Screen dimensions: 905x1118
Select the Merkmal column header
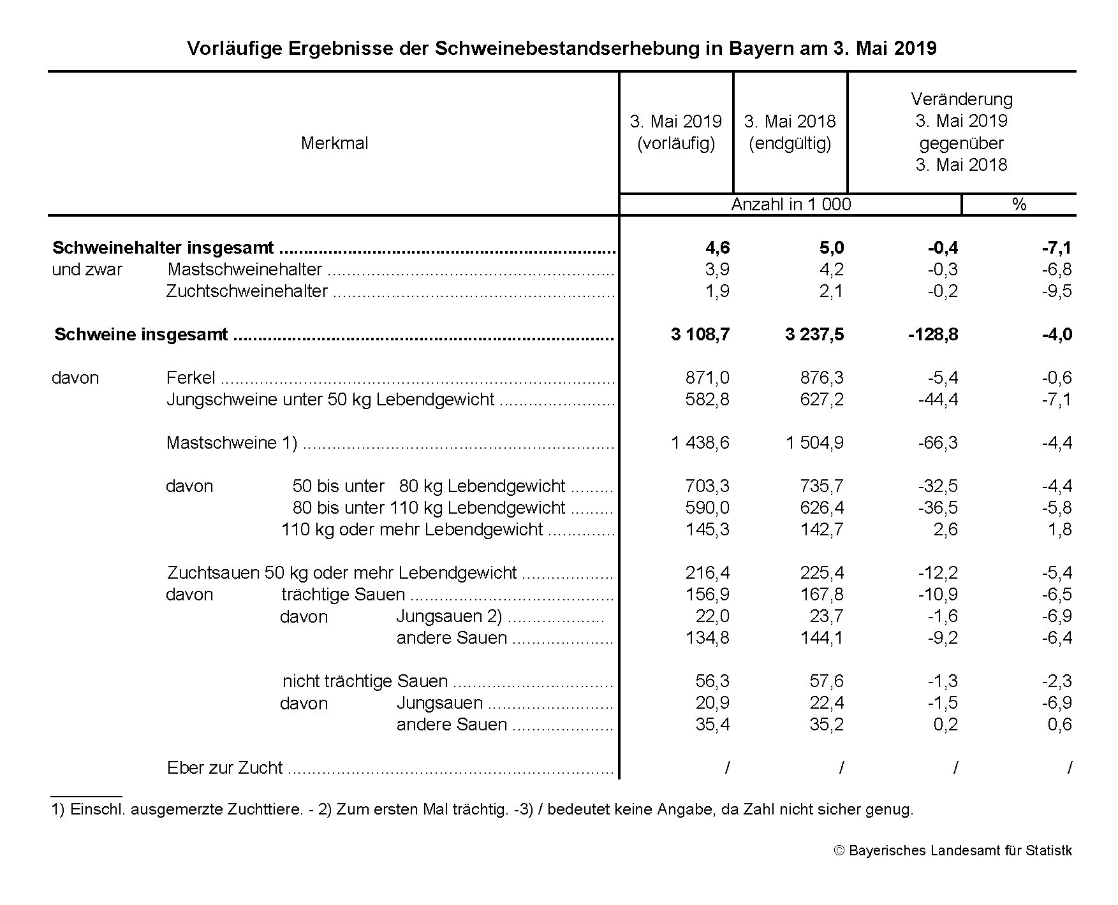(334, 143)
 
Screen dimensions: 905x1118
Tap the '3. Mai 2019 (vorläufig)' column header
(675, 133)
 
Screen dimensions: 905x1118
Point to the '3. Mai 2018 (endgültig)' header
(790, 133)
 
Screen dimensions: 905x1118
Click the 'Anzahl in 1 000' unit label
(791, 205)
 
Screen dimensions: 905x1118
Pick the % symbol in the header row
(1019, 205)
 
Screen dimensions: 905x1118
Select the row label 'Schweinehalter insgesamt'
(163, 248)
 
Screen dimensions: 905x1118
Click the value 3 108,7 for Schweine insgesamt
(700, 335)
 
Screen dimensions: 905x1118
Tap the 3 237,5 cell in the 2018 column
(814, 335)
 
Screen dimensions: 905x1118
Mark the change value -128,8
(932, 335)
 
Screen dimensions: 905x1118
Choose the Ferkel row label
(191, 378)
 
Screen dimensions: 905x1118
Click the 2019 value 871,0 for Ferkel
(707, 378)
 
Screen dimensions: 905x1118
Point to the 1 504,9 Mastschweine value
(814, 443)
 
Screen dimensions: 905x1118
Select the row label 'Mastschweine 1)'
(232, 443)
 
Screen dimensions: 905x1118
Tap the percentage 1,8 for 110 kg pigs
(1059, 530)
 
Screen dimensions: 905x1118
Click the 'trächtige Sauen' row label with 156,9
(343, 595)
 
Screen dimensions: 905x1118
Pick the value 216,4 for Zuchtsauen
(707, 573)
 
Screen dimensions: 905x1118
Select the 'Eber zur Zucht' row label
(224, 768)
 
